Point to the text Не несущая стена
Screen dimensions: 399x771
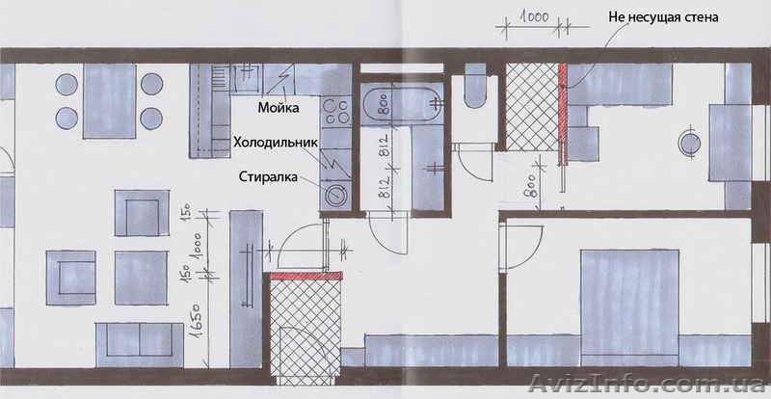click(x=664, y=16)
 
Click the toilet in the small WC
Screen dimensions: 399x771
click(x=473, y=90)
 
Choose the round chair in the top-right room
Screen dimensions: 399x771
click(x=691, y=143)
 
